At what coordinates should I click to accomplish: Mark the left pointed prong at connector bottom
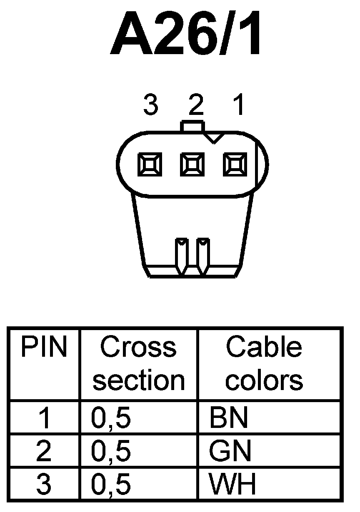pyautogui.click(x=182, y=256)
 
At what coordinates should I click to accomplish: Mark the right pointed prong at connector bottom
pyautogui.click(x=203, y=256)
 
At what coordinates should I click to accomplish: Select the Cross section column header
pyautogui.click(x=138, y=363)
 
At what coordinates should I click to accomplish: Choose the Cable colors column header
pyautogui.click(x=264, y=363)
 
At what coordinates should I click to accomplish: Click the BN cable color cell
pyautogui.click(x=229, y=418)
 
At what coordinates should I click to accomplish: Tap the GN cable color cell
pyautogui.click(x=230, y=450)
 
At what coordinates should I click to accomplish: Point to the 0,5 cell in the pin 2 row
pyautogui.click(x=111, y=450)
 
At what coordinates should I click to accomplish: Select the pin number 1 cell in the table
pyautogui.click(x=44, y=418)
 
